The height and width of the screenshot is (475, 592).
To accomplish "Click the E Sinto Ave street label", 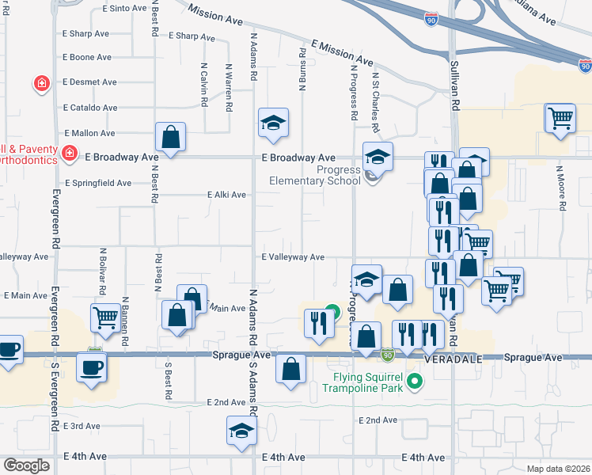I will pos(125,8).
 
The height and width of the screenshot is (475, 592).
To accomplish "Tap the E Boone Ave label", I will pos(87,57).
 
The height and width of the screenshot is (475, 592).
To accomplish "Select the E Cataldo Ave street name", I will pos(90,108).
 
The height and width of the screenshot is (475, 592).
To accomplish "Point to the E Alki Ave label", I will pos(226,195).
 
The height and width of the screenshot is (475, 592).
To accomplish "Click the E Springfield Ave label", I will pos(98,183).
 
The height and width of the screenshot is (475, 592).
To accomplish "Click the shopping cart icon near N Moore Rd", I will pos(560,119).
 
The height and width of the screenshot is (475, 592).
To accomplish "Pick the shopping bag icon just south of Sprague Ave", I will pos(291,368).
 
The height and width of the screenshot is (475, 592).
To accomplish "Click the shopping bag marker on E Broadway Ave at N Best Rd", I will pos(170,137).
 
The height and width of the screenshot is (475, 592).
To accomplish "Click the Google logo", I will pos(26,465).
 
